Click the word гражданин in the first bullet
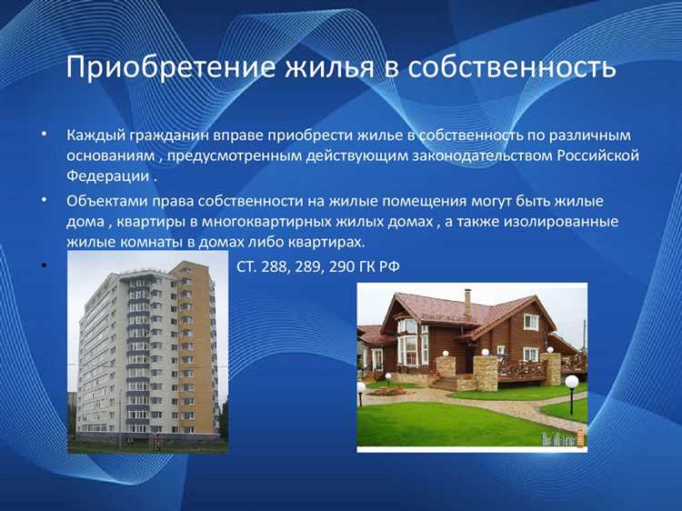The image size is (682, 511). [172, 135]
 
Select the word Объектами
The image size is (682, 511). [105, 201]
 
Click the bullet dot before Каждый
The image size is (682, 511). [44, 135]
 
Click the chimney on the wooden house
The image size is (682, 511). [467, 302]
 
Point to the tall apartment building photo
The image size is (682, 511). [146, 355]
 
